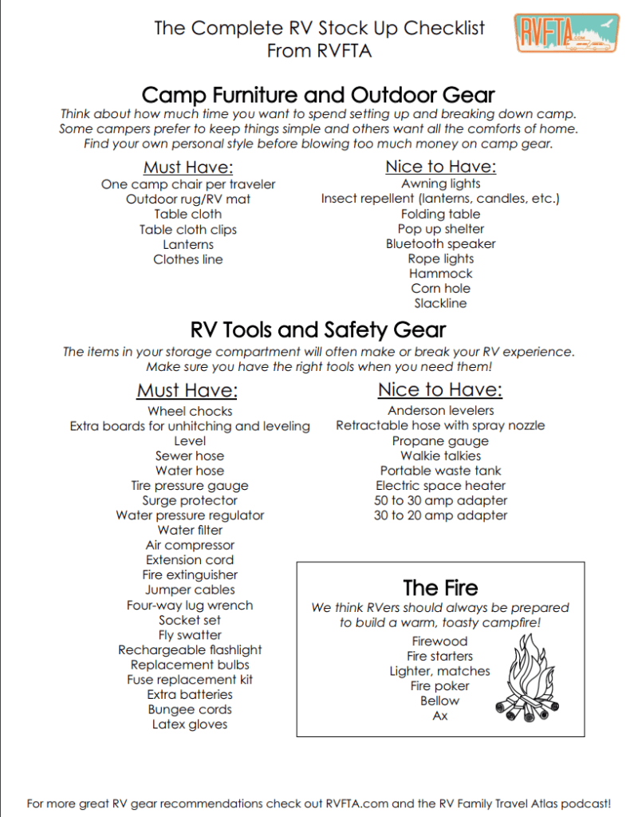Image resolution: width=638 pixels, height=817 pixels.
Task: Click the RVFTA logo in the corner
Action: tap(567, 34)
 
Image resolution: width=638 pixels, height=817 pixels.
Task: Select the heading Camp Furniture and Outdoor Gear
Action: tap(318, 94)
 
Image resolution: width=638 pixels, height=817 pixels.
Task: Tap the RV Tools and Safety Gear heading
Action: tap(318, 330)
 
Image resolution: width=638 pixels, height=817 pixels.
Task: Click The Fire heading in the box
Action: tap(440, 588)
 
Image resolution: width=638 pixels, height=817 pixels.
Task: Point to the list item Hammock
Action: tap(440, 274)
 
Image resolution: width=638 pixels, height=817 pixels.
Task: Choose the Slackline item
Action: tap(440, 303)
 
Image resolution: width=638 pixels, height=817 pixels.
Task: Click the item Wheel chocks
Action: tap(190, 411)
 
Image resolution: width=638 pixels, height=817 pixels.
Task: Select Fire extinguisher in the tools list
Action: tap(190, 575)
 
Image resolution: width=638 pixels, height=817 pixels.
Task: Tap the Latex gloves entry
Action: tap(190, 724)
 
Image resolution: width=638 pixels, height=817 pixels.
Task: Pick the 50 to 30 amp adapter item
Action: tap(440, 500)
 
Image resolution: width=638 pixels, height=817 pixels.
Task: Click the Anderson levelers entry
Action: tap(440, 411)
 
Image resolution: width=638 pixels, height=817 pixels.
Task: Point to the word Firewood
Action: tap(440, 641)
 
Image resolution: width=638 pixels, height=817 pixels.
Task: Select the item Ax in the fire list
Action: tap(440, 716)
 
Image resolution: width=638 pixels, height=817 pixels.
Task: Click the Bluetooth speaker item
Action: tap(440, 244)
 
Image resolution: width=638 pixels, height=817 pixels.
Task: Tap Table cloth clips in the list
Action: tap(188, 230)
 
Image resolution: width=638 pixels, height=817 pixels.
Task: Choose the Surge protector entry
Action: tap(190, 500)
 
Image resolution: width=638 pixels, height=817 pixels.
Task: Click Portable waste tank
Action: tap(440, 471)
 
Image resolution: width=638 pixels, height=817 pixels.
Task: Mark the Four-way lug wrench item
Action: tap(190, 606)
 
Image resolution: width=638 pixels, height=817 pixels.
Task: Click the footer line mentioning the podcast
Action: tap(319, 803)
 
